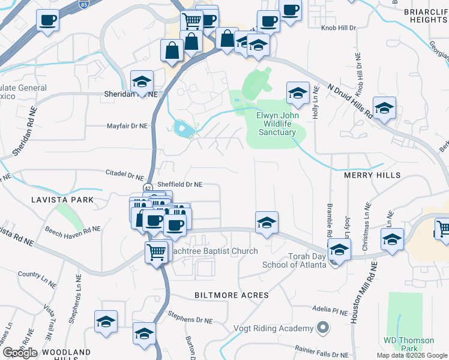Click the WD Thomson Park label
(408, 344)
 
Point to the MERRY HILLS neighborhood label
(372, 175)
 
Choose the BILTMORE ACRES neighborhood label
(231, 296)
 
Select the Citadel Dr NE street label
(124, 176)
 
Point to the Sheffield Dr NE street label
(179, 185)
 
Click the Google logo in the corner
(20, 353)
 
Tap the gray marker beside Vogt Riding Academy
(323, 328)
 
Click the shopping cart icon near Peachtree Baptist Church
(156, 252)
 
